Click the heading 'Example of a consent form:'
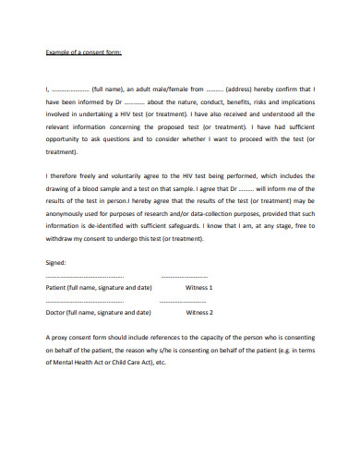point(83,54)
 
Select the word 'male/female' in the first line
point(166,86)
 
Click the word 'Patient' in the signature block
point(57,287)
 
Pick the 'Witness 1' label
point(199,287)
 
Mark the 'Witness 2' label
point(199,312)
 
